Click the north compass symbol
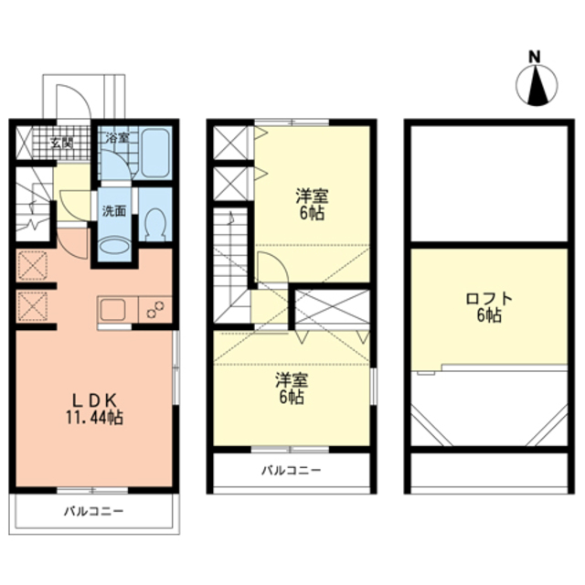[537, 80]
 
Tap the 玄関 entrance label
[62, 143]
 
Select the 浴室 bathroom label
[117, 138]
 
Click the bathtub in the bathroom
[155, 153]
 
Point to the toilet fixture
[155, 224]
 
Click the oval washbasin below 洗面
[114, 247]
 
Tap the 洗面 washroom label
[114, 211]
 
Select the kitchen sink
[112, 310]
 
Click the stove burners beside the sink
[155, 310]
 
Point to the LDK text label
[95, 400]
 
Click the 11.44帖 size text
[95, 418]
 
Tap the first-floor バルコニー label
[93, 511]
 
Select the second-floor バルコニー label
[291, 470]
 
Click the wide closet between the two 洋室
[332, 307]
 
